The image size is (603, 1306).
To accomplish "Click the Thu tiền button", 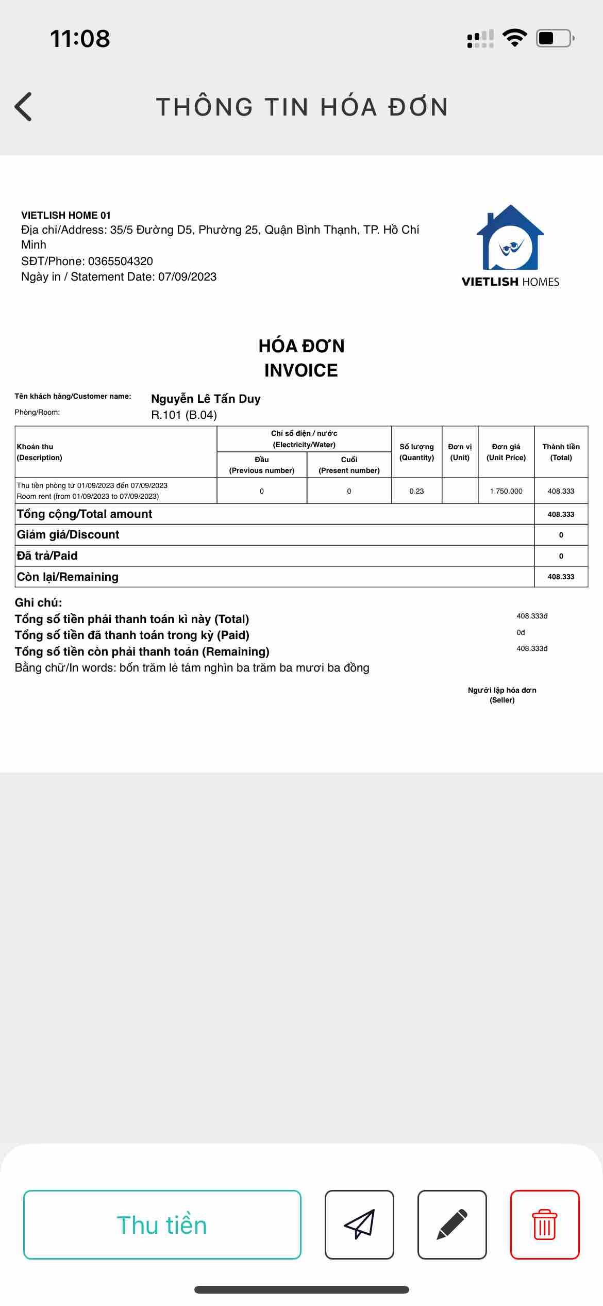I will click(x=162, y=1225).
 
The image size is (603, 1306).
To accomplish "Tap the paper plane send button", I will click(x=359, y=1225).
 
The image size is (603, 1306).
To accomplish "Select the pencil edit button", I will click(x=452, y=1225).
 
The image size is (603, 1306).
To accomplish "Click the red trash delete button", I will click(x=545, y=1225).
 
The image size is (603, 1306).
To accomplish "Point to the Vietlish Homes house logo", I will click(x=510, y=238).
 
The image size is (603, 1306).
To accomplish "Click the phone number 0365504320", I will click(x=121, y=261).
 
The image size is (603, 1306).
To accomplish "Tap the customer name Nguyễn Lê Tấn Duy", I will click(x=206, y=399).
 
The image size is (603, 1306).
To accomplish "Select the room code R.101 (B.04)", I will click(x=184, y=415).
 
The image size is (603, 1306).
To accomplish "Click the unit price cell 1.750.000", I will click(x=506, y=491).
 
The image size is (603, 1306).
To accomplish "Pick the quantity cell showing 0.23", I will click(x=416, y=491).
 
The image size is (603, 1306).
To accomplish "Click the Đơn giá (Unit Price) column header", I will click(x=506, y=452).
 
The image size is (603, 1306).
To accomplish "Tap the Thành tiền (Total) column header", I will click(x=561, y=452).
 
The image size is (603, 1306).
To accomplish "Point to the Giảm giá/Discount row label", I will click(x=68, y=535).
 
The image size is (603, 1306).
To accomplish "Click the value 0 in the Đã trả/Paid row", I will click(x=561, y=556).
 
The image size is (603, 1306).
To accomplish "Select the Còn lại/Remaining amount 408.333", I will click(x=561, y=577).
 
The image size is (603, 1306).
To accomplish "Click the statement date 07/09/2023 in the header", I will click(x=187, y=277).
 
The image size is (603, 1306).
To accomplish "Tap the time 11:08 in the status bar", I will click(x=80, y=39).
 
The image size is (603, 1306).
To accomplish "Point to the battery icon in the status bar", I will click(x=555, y=39).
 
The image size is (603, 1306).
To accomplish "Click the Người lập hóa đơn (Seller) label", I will click(x=502, y=695).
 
